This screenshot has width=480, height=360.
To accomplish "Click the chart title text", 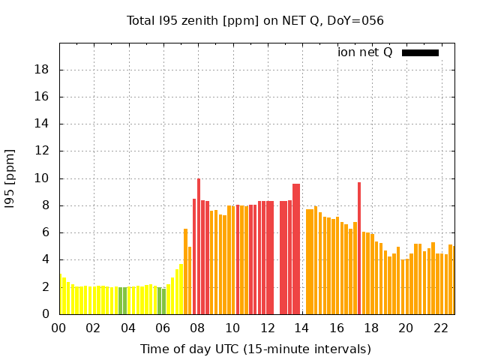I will point(255,20).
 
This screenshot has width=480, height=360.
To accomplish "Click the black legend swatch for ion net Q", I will point(420,52).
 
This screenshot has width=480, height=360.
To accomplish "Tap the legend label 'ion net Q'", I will point(365,52).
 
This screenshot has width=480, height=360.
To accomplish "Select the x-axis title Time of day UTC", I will point(255,349).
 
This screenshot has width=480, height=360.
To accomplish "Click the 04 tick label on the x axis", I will point(128,328).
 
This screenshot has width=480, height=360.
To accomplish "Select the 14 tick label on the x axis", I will point(301,328).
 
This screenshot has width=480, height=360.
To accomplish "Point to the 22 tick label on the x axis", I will point(440,328).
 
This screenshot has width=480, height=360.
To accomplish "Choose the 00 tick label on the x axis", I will point(59,328).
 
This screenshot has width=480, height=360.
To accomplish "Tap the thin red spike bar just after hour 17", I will point(359,247).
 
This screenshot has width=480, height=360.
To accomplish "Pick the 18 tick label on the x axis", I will point(371,328).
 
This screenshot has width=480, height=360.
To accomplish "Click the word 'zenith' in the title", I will point(196,20).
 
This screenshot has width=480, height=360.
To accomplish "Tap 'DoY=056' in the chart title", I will point(358,20).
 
